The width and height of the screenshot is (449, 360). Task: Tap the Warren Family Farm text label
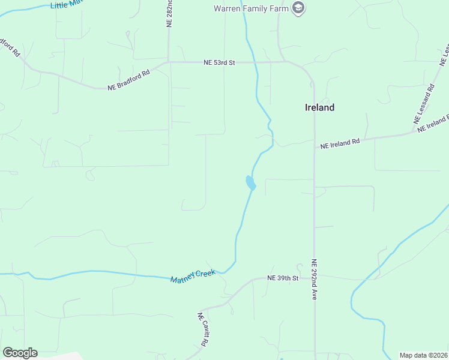[x=252, y=8]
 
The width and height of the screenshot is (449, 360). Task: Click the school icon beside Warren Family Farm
[x=298, y=8]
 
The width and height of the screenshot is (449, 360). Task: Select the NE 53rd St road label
[x=218, y=62]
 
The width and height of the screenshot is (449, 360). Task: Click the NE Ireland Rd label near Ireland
[x=340, y=143]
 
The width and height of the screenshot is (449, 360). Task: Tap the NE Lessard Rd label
[x=424, y=104]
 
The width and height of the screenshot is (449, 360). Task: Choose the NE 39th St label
[x=283, y=278]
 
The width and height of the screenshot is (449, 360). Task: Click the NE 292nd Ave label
[x=313, y=280]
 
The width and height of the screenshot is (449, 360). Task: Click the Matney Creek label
[x=192, y=277]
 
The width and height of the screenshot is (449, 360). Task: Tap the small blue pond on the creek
[x=250, y=182]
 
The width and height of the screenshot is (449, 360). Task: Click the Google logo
[x=20, y=353]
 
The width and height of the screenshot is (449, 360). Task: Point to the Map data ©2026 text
[x=423, y=355]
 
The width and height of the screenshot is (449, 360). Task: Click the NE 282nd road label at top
[x=169, y=13]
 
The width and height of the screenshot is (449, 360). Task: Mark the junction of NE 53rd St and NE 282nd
[x=169, y=62]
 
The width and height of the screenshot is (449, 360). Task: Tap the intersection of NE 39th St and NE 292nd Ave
[x=314, y=278]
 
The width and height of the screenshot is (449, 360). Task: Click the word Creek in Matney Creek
[x=204, y=274]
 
